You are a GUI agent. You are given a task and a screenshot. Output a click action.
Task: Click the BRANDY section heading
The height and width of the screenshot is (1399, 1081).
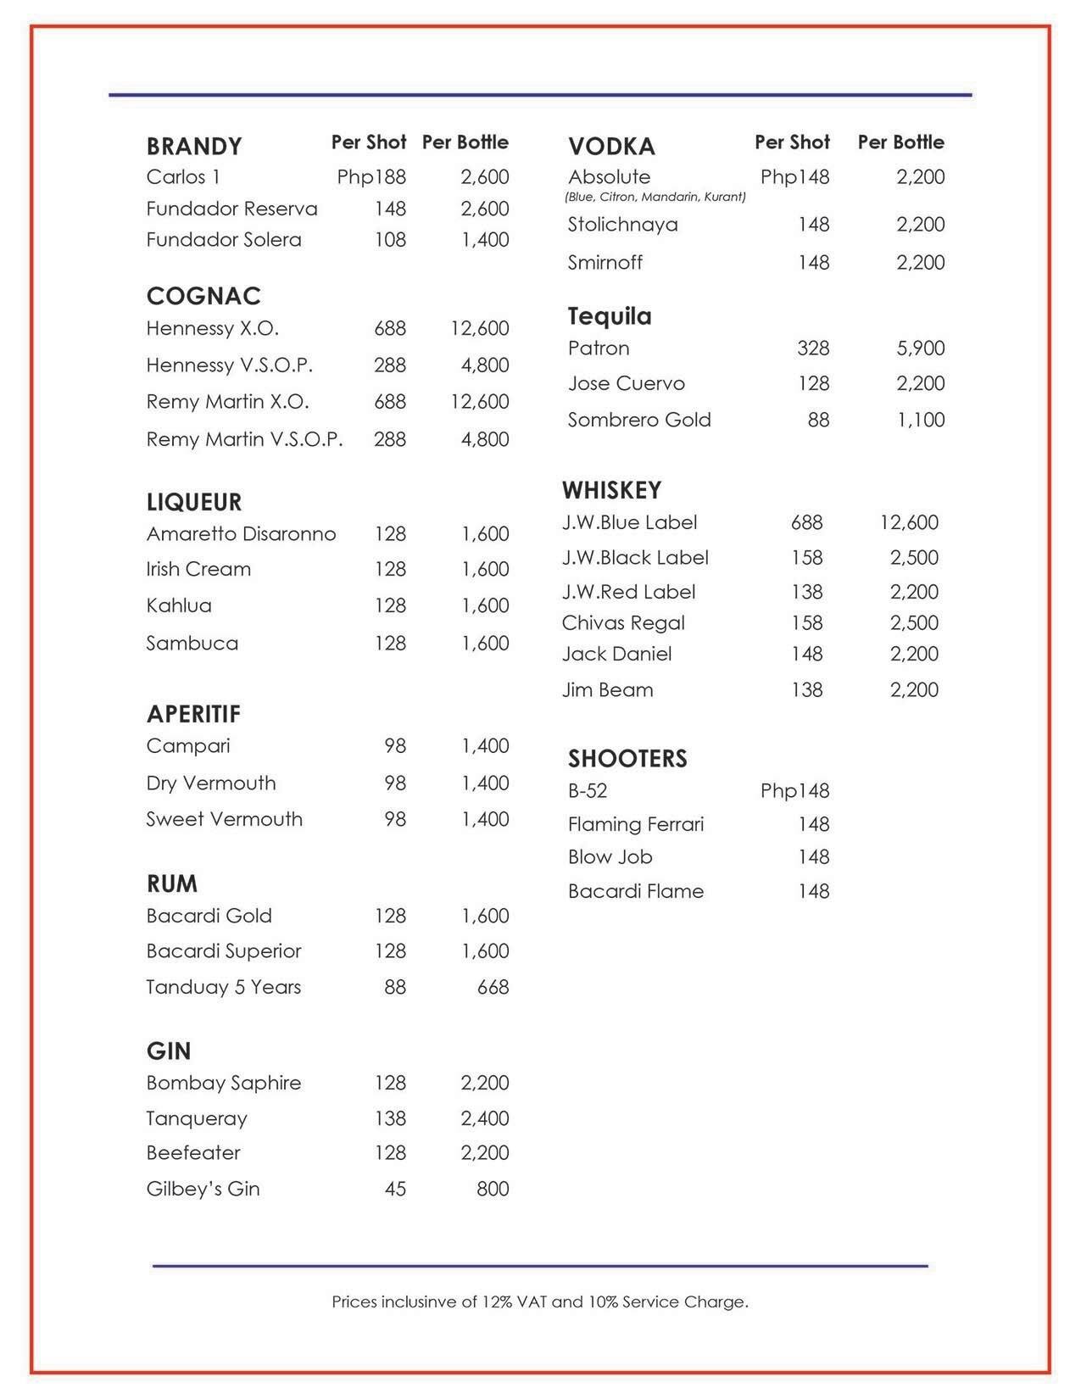click(194, 147)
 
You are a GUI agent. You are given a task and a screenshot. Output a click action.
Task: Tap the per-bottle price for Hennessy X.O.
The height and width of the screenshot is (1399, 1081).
click(480, 328)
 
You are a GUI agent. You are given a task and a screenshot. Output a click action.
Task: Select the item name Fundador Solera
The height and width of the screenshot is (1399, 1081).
click(224, 240)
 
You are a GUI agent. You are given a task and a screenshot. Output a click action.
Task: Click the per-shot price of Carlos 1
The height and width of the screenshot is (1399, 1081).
click(371, 177)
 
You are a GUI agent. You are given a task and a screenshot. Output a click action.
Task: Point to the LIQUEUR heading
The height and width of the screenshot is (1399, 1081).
click(194, 502)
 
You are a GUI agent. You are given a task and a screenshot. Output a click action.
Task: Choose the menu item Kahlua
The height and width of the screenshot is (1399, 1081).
click(179, 605)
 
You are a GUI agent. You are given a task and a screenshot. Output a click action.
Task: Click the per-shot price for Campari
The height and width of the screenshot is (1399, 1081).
click(395, 746)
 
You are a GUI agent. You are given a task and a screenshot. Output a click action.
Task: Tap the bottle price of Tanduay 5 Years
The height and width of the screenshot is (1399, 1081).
click(493, 987)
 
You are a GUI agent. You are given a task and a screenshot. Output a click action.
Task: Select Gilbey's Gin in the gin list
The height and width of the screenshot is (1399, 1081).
click(203, 1189)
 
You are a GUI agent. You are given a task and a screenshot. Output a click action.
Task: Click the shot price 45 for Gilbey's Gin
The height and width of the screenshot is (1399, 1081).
click(395, 1189)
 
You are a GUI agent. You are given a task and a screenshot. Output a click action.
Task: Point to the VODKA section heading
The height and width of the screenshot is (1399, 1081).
click(611, 147)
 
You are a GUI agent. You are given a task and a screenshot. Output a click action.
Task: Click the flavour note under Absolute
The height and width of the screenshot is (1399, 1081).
click(655, 198)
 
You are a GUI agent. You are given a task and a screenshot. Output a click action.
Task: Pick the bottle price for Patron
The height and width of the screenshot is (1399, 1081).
click(921, 348)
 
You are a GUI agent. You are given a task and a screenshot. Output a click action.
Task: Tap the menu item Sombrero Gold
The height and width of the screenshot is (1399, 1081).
click(639, 420)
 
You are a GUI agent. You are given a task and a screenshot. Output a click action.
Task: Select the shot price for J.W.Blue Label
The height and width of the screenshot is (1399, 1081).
click(806, 522)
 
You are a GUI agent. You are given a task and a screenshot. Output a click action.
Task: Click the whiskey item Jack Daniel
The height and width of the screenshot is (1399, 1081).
click(616, 654)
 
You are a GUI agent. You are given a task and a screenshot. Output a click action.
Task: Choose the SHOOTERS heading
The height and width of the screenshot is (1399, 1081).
click(627, 758)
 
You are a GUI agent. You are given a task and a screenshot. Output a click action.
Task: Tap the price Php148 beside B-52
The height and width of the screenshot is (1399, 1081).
click(794, 791)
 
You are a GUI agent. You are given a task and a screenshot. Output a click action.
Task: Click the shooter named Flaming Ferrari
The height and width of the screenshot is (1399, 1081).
click(636, 824)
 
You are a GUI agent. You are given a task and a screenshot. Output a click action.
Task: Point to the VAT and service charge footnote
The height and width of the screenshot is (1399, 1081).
click(540, 1301)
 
